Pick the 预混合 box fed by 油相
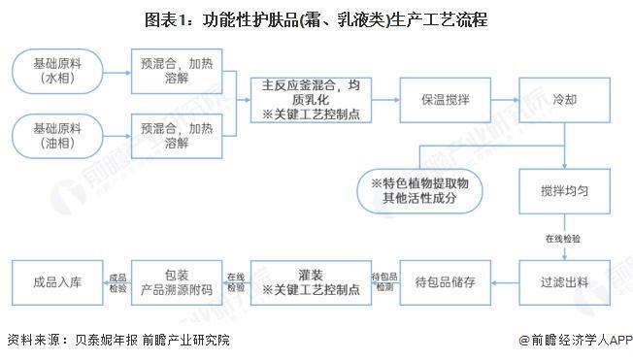click(x=177, y=136)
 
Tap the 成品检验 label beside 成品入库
click(x=117, y=282)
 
